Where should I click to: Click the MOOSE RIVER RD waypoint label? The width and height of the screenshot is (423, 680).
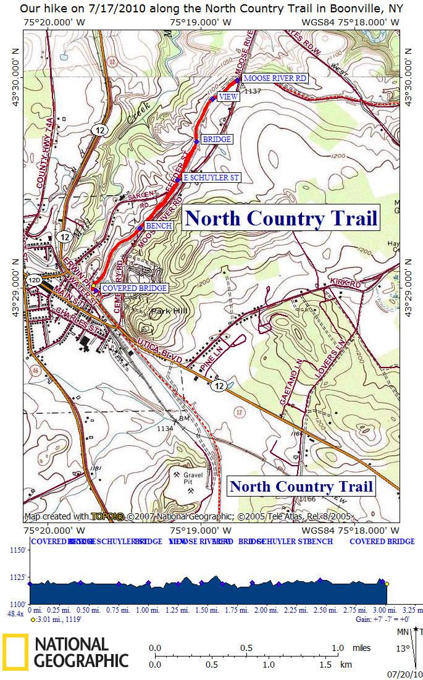275,79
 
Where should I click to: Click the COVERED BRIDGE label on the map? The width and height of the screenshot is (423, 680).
134,288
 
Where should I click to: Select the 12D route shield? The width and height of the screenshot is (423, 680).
34,280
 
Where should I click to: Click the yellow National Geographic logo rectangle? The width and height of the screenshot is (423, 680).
15,652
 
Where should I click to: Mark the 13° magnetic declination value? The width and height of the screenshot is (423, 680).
403,649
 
